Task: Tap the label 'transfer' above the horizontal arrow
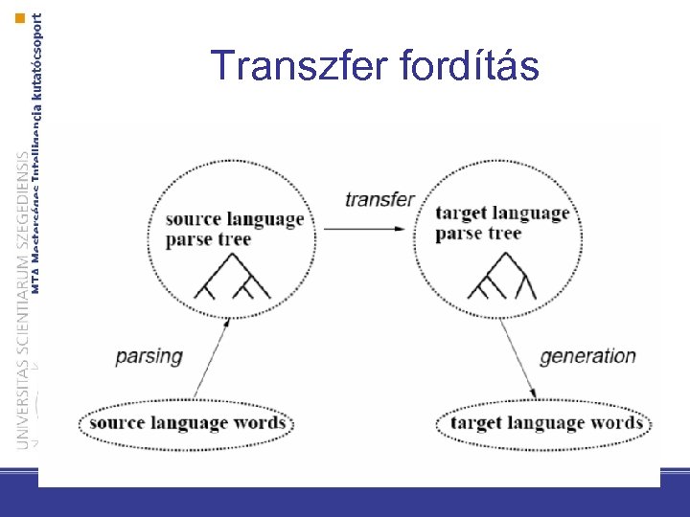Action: [379, 200]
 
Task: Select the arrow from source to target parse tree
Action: [369, 228]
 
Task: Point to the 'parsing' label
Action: [149, 356]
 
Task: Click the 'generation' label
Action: [587, 356]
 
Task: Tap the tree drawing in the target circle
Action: [497, 281]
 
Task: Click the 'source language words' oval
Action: [187, 423]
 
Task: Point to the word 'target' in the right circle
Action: [465, 213]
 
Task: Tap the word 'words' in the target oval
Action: [615, 423]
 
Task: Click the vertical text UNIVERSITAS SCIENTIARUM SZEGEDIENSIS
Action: [23, 287]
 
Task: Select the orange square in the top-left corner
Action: [20, 18]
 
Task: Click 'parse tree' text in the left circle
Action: [208, 239]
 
